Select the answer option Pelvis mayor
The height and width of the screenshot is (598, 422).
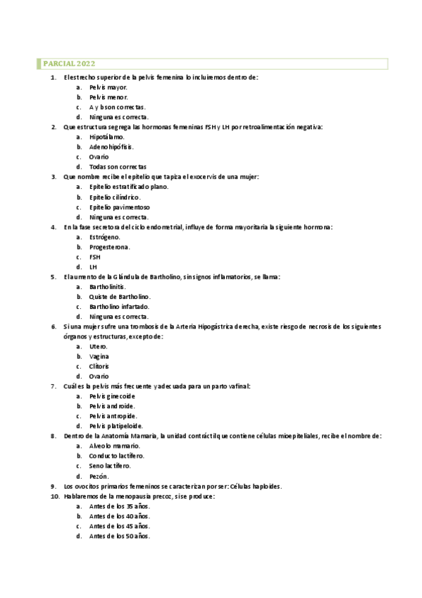(x=108, y=87)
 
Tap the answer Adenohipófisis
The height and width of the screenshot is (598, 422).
(x=111, y=147)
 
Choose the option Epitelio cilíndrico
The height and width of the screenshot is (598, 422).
(x=115, y=197)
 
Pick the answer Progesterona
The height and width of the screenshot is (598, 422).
(x=109, y=248)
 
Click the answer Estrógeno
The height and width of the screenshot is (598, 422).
(x=105, y=238)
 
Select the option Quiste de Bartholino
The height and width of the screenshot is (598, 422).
(x=120, y=298)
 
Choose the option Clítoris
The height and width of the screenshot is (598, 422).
(x=99, y=367)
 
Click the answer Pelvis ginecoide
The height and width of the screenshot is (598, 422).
(x=112, y=396)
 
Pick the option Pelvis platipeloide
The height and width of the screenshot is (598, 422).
(x=116, y=426)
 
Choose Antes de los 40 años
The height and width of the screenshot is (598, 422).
(x=120, y=516)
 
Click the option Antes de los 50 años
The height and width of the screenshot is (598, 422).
(x=120, y=536)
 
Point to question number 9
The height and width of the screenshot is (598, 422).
(x=54, y=487)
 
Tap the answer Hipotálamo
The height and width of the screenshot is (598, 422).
(x=108, y=137)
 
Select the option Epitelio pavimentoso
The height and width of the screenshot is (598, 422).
(x=120, y=207)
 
